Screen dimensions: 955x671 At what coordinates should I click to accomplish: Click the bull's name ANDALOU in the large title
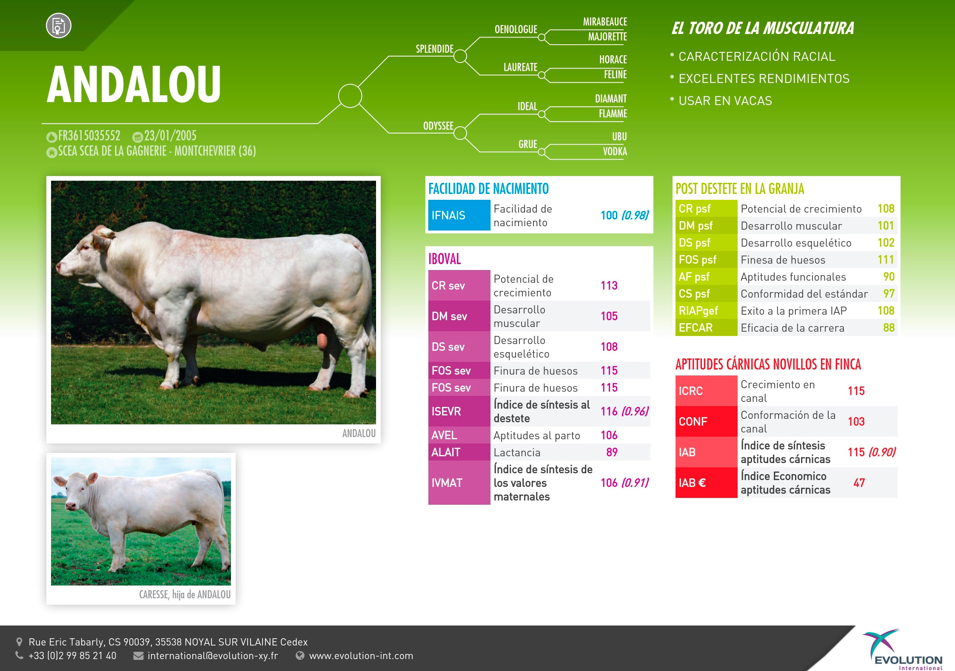pyautogui.click(x=134, y=84)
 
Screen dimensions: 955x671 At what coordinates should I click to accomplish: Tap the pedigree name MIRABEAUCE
pyautogui.click(x=605, y=22)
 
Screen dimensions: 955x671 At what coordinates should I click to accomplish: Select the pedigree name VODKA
pyautogui.click(x=615, y=151)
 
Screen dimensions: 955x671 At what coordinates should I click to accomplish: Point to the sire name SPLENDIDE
pyautogui.click(x=434, y=49)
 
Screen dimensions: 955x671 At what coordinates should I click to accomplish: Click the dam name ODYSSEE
pyautogui.click(x=438, y=126)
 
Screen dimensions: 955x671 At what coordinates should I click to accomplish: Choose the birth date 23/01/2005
pyautogui.click(x=170, y=136)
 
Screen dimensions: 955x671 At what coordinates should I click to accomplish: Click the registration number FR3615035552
pyautogui.click(x=89, y=136)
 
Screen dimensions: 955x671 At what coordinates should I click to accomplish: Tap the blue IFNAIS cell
pyautogui.click(x=459, y=215)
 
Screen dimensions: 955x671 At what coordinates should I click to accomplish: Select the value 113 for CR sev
pyautogui.click(x=609, y=285)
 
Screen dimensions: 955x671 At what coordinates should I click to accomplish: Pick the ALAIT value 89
pyautogui.click(x=612, y=452)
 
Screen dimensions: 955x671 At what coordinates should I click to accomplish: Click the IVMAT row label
pyautogui.click(x=447, y=483)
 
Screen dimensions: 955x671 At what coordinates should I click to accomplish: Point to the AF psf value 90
pyautogui.click(x=889, y=276)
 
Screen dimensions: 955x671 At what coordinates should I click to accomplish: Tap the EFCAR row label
pyautogui.click(x=696, y=327)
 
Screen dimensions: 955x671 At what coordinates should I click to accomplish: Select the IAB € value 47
pyautogui.click(x=859, y=483)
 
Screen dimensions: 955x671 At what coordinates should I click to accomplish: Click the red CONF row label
pyautogui.click(x=693, y=421)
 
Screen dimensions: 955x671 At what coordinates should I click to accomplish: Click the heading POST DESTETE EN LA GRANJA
pyautogui.click(x=740, y=189)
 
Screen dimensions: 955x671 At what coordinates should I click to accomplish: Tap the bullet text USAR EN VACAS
pyautogui.click(x=725, y=101)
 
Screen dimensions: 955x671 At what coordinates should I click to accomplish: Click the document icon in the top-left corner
pyautogui.click(x=59, y=26)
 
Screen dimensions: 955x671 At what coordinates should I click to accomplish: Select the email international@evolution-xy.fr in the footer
pyautogui.click(x=213, y=656)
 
